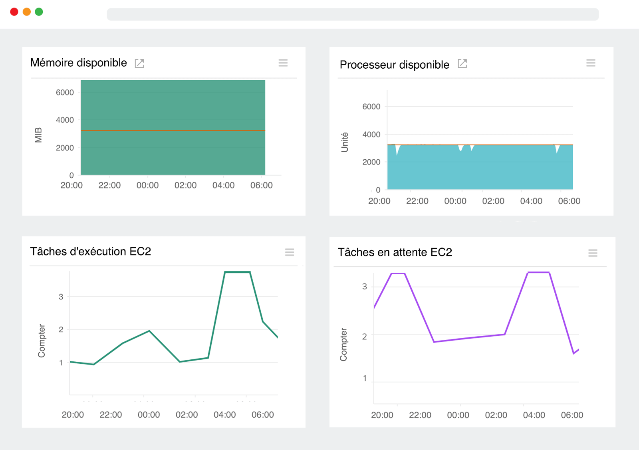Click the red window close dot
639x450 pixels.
(x=14, y=12)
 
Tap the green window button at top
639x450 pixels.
(x=39, y=12)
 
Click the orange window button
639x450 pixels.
(x=27, y=12)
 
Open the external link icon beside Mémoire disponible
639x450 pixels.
(x=139, y=63)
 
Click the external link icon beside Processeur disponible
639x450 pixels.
(x=462, y=63)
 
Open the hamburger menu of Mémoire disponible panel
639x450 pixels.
(x=283, y=63)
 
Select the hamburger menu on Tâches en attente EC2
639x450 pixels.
(x=593, y=253)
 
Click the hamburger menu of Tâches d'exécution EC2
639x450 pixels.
(x=290, y=252)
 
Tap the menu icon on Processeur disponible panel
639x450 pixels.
(x=591, y=63)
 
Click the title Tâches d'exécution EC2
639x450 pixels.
(x=91, y=252)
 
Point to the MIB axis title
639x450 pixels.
(x=38, y=135)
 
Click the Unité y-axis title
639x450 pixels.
(x=345, y=142)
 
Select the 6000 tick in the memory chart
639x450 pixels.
(x=65, y=93)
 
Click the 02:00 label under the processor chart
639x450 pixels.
(x=493, y=201)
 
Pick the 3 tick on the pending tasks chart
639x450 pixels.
(x=364, y=286)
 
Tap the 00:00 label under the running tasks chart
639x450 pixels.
(x=149, y=415)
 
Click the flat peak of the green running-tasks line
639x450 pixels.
(x=237, y=272)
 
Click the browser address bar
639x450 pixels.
(x=353, y=14)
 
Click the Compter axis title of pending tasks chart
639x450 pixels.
(x=343, y=344)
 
